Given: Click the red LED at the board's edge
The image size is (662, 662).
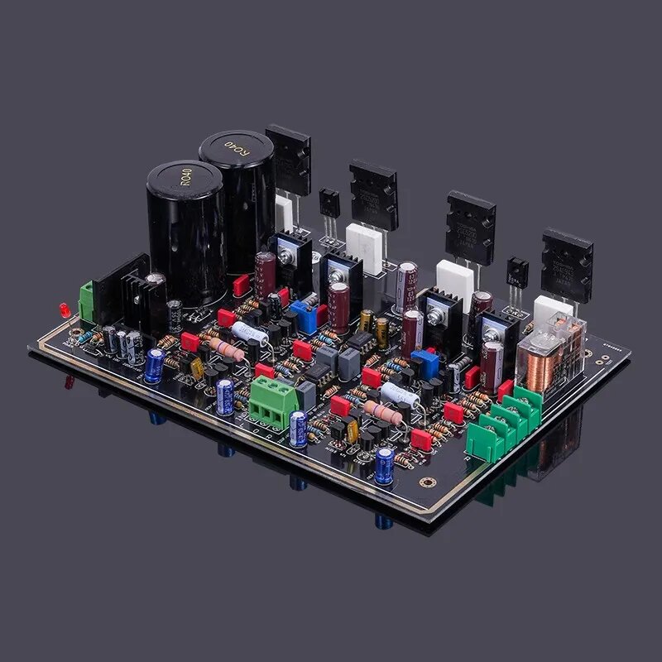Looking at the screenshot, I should click(64, 310).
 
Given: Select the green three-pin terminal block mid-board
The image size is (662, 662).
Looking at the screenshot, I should click(273, 401).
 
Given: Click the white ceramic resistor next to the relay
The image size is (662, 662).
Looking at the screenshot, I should click(553, 309).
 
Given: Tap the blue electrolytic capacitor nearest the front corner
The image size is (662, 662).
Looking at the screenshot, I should click(384, 464).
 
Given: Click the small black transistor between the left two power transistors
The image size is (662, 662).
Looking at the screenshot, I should click(329, 203).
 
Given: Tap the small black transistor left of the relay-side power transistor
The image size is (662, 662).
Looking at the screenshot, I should click(518, 272).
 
